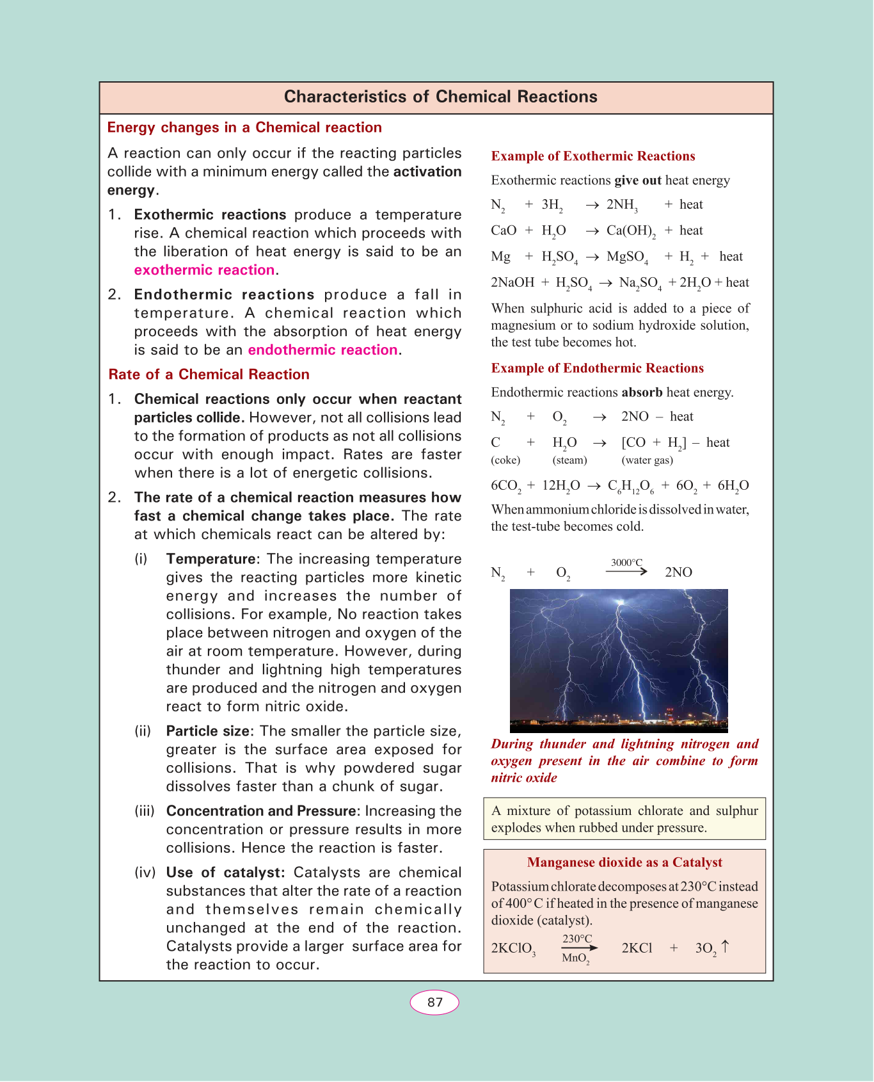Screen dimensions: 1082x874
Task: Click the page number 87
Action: tap(434, 1003)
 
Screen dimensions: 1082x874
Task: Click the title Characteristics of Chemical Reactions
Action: tap(440, 97)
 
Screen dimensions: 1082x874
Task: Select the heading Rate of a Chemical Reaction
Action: tap(209, 375)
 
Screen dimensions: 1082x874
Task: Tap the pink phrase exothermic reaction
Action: tap(204, 270)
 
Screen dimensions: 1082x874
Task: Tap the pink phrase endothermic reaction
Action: tap(323, 350)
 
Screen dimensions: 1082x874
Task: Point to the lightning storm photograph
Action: tap(619, 660)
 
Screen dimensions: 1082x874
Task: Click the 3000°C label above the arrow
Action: tap(626, 563)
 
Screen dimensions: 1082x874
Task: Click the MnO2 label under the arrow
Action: tap(575, 958)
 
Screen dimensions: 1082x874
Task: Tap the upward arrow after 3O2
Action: tap(725, 946)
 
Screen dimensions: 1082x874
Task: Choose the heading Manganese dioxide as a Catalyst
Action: tap(624, 862)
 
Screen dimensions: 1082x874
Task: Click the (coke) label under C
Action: tap(505, 460)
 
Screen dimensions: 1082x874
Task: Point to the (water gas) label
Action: tap(647, 460)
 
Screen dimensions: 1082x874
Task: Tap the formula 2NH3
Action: tap(622, 206)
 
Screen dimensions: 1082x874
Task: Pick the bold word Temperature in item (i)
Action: tap(211, 559)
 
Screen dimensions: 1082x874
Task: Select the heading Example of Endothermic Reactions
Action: tap(597, 368)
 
